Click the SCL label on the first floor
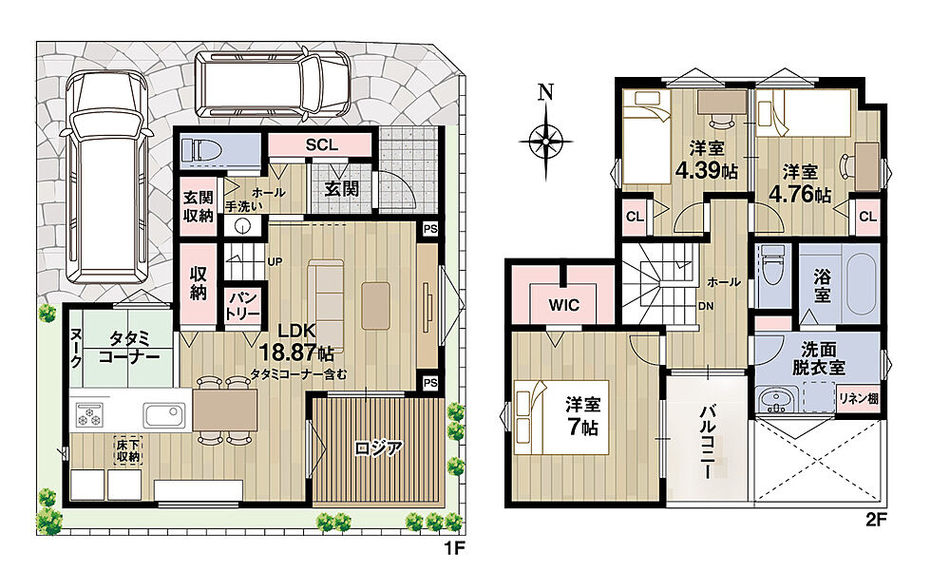(x=321, y=145)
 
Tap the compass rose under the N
(x=545, y=142)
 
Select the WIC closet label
(x=563, y=305)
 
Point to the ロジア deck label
(x=378, y=448)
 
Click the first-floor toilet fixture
(x=201, y=150)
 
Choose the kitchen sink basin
(x=164, y=415)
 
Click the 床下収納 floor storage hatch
(x=127, y=450)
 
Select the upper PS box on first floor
(x=429, y=229)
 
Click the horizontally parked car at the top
(x=273, y=85)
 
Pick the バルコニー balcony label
(x=707, y=442)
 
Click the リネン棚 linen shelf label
(x=858, y=399)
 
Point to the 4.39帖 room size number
(x=706, y=170)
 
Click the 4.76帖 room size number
(x=800, y=195)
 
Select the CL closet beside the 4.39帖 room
(x=635, y=217)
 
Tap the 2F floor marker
(x=876, y=521)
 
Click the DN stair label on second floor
(x=705, y=307)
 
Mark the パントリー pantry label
(x=242, y=306)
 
